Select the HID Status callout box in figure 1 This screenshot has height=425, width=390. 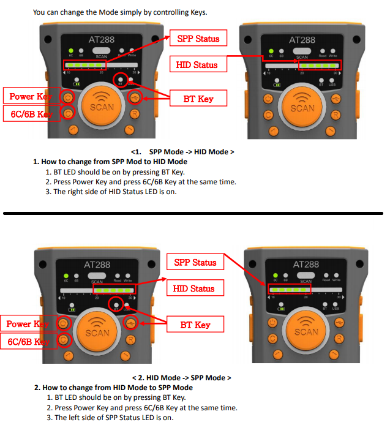pos(197,64)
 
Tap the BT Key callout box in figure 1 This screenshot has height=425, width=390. pos(197,97)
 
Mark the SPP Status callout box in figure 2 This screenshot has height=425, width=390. pos(195,262)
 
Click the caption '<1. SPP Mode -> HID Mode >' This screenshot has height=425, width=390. pos(182,151)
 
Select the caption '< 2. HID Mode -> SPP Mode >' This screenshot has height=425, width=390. pos(182,378)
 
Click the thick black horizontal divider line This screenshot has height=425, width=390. pos(193,214)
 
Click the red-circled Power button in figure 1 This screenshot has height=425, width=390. pos(67,97)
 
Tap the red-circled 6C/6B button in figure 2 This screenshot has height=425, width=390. pos(63,340)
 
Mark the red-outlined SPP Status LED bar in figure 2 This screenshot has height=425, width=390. pos(290,288)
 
